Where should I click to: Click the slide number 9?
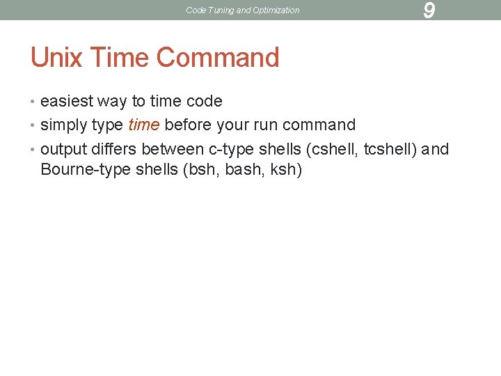[x=429, y=10]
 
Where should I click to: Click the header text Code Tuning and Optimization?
[x=243, y=10]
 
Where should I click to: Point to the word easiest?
[x=67, y=102]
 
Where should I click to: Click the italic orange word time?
[x=144, y=125]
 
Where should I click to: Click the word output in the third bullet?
[x=63, y=149]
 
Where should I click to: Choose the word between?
[x=173, y=149]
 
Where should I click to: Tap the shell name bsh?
[x=201, y=170]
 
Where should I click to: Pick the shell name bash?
[x=240, y=170]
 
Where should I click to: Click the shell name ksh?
[x=281, y=170]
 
